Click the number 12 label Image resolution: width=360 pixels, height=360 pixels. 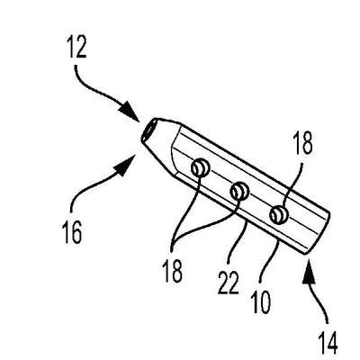tap(77, 47)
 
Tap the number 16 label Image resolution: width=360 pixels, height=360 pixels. tap(72, 233)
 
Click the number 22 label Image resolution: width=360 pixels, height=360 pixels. tap(228, 283)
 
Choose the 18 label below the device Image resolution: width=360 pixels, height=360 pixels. tap(173, 271)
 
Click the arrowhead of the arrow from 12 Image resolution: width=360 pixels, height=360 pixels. tap(130, 112)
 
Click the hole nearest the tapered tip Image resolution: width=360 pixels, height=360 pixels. tap(199, 167)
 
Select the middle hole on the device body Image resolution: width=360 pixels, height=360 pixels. tap(239, 191)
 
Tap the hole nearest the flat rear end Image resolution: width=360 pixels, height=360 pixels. tap(279, 215)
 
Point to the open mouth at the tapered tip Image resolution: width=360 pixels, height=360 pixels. tap(148, 130)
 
